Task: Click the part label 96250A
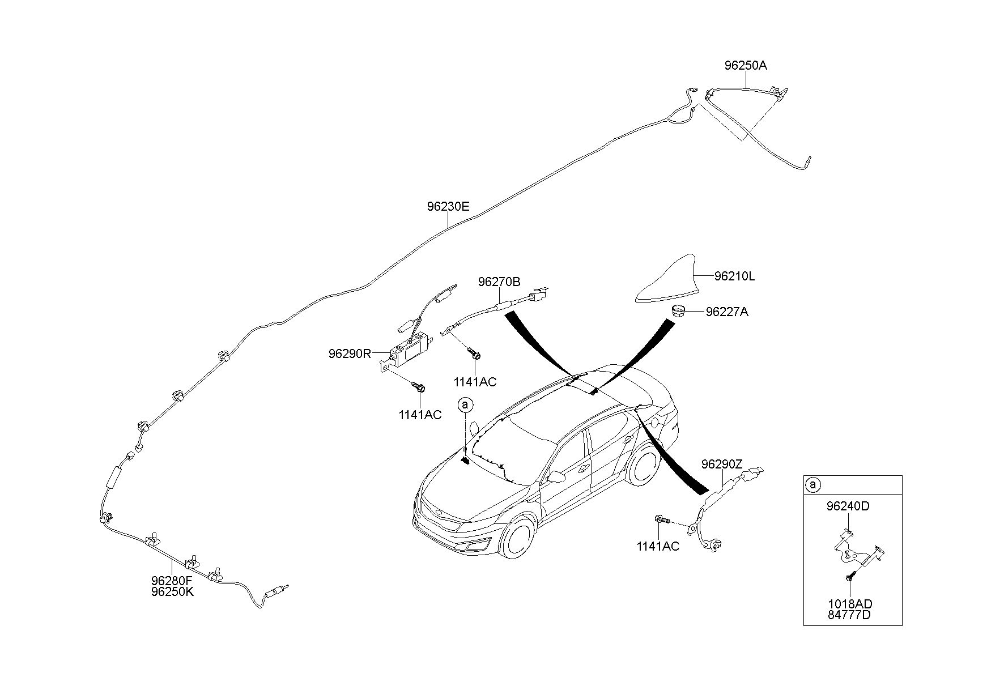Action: point(746,65)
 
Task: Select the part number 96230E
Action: point(448,207)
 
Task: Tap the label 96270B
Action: point(499,282)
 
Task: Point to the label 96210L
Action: point(734,276)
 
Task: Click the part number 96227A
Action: point(727,312)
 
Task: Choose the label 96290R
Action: point(350,354)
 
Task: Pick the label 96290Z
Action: point(721,465)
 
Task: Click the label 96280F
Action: point(172,581)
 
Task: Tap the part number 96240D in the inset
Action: point(848,506)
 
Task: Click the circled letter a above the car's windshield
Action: point(465,405)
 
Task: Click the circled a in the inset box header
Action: point(812,485)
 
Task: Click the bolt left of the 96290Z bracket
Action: point(662,519)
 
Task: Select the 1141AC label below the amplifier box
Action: point(420,415)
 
